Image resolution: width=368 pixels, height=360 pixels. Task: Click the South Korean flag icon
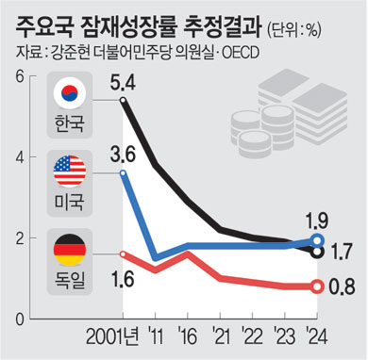click(x=70, y=93)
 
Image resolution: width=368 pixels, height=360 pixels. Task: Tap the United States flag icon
click(x=70, y=172)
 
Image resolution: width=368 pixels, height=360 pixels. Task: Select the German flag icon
click(x=70, y=250)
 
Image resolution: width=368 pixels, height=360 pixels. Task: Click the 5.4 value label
click(x=123, y=83)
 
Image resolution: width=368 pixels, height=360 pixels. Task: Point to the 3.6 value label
click(x=123, y=155)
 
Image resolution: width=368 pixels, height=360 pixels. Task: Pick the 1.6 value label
click(x=123, y=279)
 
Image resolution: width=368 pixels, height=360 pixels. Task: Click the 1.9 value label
click(x=317, y=221)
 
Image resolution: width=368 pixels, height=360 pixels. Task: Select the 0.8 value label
click(x=342, y=286)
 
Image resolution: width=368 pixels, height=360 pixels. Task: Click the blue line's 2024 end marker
click(x=317, y=240)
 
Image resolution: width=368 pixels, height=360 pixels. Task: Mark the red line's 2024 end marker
click(x=317, y=286)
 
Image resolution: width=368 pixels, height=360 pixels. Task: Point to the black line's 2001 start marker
click(x=123, y=101)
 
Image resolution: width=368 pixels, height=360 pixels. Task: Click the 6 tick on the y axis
click(x=21, y=77)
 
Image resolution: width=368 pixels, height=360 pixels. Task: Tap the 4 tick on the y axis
click(x=21, y=156)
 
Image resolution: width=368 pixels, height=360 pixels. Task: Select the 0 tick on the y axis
click(x=21, y=319)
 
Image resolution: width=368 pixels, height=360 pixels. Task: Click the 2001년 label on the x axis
click(x=112, y=337)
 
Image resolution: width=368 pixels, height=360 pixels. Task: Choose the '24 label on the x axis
click(x=317, y=337)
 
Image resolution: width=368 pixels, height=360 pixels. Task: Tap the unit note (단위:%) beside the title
click(x=294, y=31)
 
